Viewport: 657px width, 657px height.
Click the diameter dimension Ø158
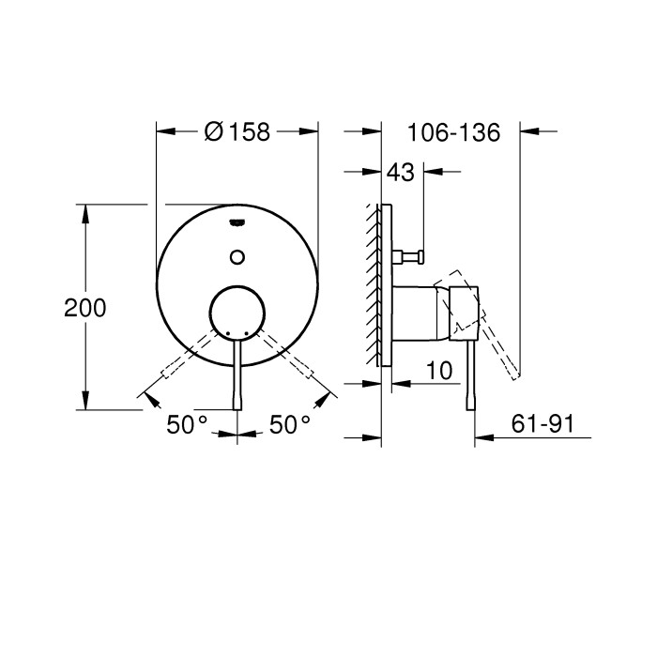click(x=237, y=132)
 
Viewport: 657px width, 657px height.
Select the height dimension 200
click(x=85, y=308)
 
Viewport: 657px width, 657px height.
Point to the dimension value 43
click(x=401, y=173)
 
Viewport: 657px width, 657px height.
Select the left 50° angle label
click(x=187, y=425)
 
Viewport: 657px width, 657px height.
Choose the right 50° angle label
click(x=289, y=425)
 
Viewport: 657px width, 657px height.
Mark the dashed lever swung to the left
click(x=183, y=360)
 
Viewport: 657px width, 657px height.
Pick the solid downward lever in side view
click(x=469, y=375)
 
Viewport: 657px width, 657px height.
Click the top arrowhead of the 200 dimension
click(x=86, y=212)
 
